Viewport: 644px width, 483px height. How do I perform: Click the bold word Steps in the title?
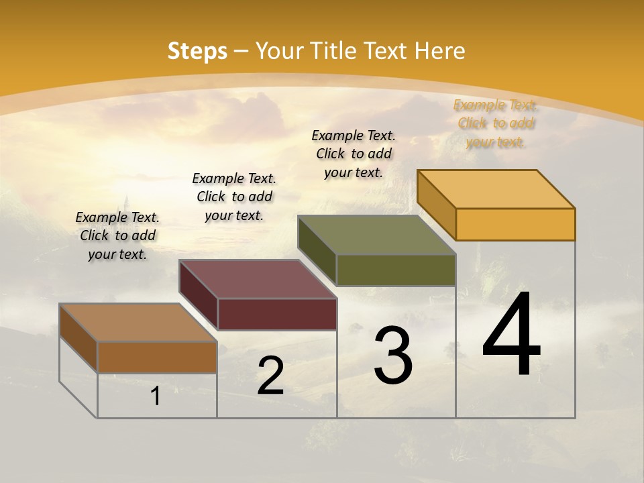pyautogui.click(x=197, y=51)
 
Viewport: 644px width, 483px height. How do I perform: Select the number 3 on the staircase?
pyautogui.click(x=393, y=356)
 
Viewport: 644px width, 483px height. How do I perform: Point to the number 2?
pyautogui.click(x=270, y=376)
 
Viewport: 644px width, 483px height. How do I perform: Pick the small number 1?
pyautogui.click(x=156, y=396)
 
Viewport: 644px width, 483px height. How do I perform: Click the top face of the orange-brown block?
pyautogui.click(x=138, y=323)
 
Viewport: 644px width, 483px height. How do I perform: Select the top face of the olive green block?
pyautogui.click(x=377, y=235)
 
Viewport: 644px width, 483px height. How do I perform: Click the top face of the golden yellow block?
pyautogui.click(x=496, y=189)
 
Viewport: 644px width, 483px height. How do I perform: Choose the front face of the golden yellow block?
pyautogui.click(x=515, y=224)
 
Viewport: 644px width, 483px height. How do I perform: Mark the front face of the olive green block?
pyautogui.click(x=396, y=270)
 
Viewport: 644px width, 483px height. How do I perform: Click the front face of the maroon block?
pyautogui.click(x=277, y=314)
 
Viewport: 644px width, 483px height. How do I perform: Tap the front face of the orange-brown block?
pyautogui.click(x=157, y=357)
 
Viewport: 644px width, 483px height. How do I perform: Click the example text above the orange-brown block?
pyautogui.click(x=117, y=236)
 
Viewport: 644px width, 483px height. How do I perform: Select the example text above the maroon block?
pyautogui.click(x=234, y=197)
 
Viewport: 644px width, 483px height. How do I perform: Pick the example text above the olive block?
pyautogui.click(x=354, y=154)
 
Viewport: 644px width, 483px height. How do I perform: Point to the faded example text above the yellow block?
pyautogui.click(x=496, y=123)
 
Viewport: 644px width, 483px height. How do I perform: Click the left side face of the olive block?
pyautogui.click(x=317, y=250)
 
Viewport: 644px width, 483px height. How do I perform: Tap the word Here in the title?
pyautogui.click(x=440, y=51)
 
